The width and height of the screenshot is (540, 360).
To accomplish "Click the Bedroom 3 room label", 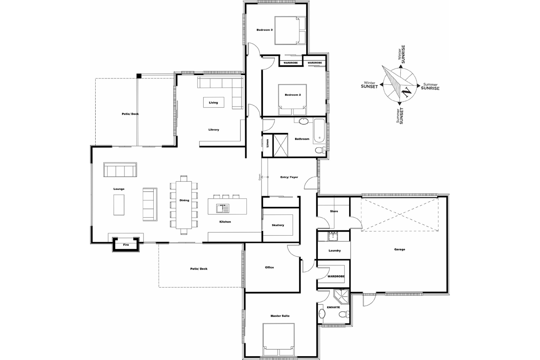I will [x=264, y=30].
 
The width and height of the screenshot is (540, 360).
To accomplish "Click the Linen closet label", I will [x=268, y=143].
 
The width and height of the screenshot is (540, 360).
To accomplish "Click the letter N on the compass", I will [x=406, y=92].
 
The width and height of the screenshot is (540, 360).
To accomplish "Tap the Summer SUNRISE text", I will [x=430, y=86].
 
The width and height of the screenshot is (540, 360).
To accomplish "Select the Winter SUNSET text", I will [x=369, y=85].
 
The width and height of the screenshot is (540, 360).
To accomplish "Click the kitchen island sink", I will [x=223, y=208].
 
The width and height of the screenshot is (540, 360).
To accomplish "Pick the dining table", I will [x=184, y=205].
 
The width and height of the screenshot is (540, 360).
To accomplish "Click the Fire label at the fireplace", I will [x=126, y=245].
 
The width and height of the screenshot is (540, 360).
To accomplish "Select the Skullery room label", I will [x=278, y=225].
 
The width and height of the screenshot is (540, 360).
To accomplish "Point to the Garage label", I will [x=399, y=249].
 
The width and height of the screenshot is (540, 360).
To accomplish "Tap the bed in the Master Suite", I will [x=278, y=339].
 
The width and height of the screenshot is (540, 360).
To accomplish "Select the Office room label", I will [x=269, y=268].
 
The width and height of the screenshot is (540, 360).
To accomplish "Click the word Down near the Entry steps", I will [x=259, y=177].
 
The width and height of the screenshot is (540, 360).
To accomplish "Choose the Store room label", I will [x=334, y=211].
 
